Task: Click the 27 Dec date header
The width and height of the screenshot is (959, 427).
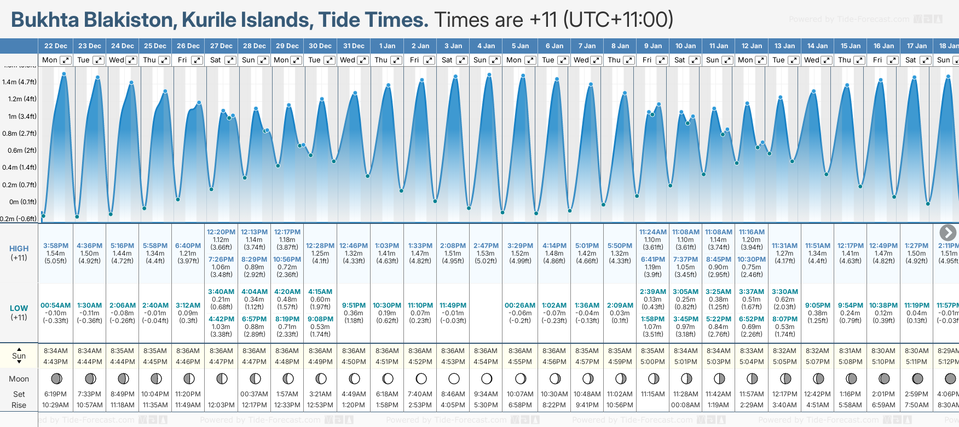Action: [221, 46]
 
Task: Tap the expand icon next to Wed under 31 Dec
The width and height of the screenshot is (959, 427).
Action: [363, 60]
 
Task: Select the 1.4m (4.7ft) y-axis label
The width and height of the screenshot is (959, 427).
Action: [19, 82]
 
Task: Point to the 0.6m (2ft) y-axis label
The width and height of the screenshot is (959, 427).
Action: [19, 151]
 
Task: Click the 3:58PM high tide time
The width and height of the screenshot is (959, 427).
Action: [56, 246]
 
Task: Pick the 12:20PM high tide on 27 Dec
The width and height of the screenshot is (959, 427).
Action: [221, 232]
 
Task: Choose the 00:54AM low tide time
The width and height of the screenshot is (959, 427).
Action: [56, 305]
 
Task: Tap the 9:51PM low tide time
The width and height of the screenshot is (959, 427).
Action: [354, 305]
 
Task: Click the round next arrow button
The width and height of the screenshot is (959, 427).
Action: [948, 233]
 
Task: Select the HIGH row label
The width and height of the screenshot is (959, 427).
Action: [19, 249]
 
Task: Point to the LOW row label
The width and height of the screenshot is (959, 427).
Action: [19, 308]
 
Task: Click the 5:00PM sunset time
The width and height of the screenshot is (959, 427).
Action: [652, 362]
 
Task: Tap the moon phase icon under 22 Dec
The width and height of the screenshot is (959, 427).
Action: [56, 378]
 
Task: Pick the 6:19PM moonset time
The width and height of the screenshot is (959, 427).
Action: [56, 394]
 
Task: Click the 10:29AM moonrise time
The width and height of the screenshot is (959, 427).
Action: [56, 405]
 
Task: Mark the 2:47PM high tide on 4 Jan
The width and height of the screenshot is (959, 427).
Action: [486, 246]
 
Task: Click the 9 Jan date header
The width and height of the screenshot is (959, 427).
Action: [653, 46]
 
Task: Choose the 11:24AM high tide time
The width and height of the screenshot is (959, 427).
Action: [652, 232]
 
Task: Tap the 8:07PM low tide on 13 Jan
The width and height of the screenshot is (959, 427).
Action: [785, 319]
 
